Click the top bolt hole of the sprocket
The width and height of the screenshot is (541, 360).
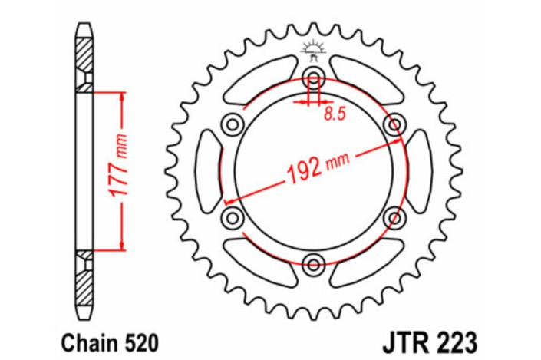click(313, 77)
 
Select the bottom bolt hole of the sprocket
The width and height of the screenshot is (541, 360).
click(313, 265)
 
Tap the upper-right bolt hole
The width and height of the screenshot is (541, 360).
click(394, 124)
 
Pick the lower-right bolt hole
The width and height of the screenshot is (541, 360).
click(394, 218)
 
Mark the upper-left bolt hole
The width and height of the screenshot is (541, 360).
click(232, 124)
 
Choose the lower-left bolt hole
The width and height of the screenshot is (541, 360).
click(232, 218)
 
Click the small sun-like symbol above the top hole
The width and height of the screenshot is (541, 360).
click(312, 48)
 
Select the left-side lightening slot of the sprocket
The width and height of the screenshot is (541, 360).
click(206, 170)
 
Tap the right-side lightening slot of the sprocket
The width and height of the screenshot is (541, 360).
click(420, 170)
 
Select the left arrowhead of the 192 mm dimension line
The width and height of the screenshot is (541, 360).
click(228, 200)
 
